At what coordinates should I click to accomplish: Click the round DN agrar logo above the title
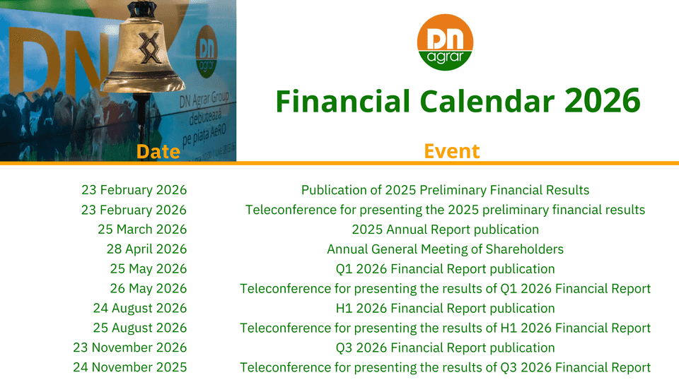click(445, 42)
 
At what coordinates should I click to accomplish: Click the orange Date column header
click(158, 151)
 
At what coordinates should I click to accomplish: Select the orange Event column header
click(452, 151)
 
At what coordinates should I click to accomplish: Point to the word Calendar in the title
click(487, 101)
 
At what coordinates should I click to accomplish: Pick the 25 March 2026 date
click(142, 229)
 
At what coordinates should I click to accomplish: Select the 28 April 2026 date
click(147, 249)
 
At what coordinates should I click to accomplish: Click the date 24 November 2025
click(130, 367)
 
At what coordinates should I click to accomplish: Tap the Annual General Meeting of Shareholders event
click(445, 249)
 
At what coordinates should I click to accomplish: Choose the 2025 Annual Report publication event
click(445, 230)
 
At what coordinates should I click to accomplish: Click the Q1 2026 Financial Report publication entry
click(445, 268)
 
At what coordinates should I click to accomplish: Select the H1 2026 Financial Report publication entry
click(445, 308)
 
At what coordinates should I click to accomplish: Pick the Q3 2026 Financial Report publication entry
click(445, 348)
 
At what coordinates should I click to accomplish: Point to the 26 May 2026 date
click(149, 288)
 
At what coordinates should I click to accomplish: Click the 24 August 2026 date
click(140, 308)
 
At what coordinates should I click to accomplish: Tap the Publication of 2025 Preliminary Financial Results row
click(445, 190)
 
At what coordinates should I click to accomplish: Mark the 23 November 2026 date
click(130, 348)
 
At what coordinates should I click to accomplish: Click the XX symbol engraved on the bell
click(149, 48)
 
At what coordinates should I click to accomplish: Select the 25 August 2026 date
click(140, 328)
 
